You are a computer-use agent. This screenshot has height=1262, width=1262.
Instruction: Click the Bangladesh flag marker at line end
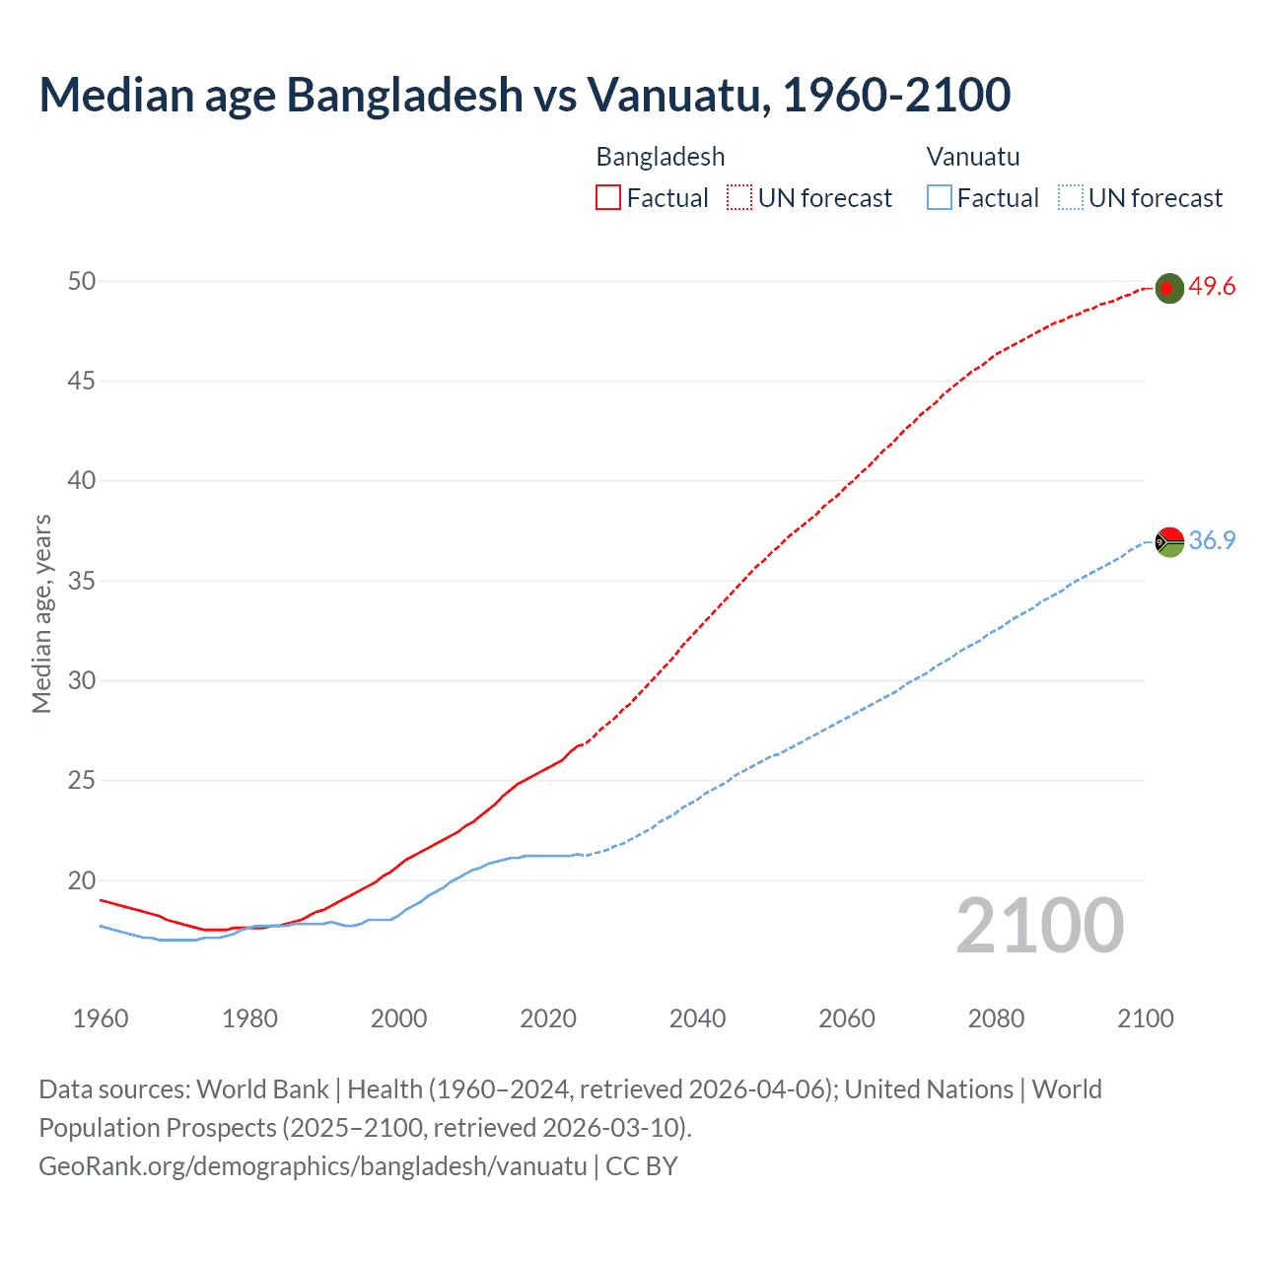pos(1168,288)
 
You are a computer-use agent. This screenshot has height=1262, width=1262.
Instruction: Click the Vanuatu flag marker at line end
pos(1168,541)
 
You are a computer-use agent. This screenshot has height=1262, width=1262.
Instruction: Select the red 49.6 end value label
pos(1212,287)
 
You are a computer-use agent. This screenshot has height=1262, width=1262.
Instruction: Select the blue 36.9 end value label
pos(1212,540)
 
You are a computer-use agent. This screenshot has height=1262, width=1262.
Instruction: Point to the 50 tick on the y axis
pos(82,281)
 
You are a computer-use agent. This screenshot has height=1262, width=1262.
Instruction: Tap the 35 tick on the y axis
pos(82,581)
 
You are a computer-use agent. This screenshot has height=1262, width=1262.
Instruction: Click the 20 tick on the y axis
pos(82,880)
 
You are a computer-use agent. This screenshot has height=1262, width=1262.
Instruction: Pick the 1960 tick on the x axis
pos(101,1018)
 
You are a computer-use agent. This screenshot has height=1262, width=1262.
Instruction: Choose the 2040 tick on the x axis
pos(697,1018)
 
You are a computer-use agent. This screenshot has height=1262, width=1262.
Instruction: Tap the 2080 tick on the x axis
pos(996,1018)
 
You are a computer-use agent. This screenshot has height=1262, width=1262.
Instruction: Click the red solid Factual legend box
pos(608,198)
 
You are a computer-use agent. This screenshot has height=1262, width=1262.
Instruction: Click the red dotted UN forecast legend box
pos(739,198)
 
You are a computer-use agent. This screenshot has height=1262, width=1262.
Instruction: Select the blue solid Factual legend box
pos(939,198)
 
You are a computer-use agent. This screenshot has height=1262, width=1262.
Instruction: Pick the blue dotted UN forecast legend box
pos(1070,198)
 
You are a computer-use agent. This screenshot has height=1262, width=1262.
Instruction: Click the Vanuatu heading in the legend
pos(973,157)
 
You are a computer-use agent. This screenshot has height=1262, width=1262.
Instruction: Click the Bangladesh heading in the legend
pos(661,157)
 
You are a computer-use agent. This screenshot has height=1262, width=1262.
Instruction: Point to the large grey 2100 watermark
pos(1039,926)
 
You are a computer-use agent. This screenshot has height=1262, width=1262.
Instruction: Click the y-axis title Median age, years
pos(41,613)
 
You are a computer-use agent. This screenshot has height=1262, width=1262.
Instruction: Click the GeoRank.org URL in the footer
pos(313,1166)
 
